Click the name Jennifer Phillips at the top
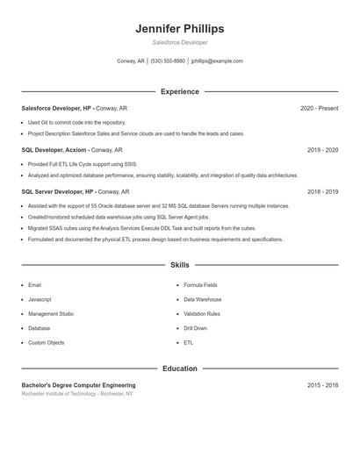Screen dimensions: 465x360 (180, 29)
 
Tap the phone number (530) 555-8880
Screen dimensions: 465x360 (168, 61)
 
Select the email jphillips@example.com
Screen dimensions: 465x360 (216, 61)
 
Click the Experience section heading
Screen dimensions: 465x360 (180, 91)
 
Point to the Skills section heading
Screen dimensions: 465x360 (180, 264)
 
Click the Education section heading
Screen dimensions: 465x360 (180, 368)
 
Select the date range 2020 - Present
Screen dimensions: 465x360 (319, 108)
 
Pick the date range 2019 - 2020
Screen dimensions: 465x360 (322, 150)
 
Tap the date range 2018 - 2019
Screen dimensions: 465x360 (322, 191)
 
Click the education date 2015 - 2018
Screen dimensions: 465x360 (322, 385)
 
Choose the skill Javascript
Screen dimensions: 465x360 (41, 299)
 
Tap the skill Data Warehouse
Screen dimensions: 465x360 (203, 299)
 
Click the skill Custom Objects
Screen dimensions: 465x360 (47, 342)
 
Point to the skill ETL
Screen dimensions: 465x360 (189, 342)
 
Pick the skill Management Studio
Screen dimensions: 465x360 (51, 313)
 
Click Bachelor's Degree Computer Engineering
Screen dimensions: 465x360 (78, 385)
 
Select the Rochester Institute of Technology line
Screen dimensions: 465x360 (77, 394)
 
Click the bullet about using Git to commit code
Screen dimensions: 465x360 (77, 123)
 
